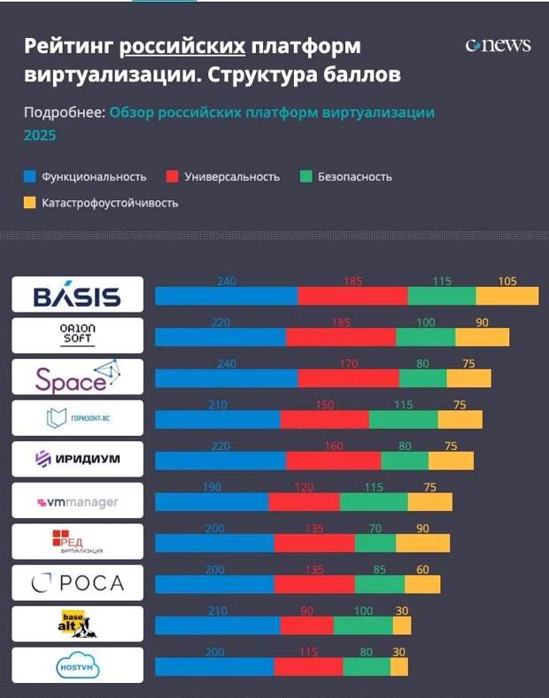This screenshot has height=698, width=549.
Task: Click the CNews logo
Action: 498,45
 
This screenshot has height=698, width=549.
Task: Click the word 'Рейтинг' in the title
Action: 66,46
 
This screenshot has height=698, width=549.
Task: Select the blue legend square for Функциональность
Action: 29,176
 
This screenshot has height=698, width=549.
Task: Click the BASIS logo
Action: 77,295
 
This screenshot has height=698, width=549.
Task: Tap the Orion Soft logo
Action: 77,335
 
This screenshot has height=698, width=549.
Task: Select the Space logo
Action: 77,376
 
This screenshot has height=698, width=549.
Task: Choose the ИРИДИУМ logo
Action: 77,459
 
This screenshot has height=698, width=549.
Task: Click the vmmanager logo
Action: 77,501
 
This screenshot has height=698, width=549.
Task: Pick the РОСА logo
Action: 77,583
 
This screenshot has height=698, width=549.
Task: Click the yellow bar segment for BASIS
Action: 506,296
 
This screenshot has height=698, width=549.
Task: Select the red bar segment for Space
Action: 348,378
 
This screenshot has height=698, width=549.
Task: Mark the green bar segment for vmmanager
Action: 374,502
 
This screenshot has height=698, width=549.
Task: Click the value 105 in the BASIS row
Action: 507,282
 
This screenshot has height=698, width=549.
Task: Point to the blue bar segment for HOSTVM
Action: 214,666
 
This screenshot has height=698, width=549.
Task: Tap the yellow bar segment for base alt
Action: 402,625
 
